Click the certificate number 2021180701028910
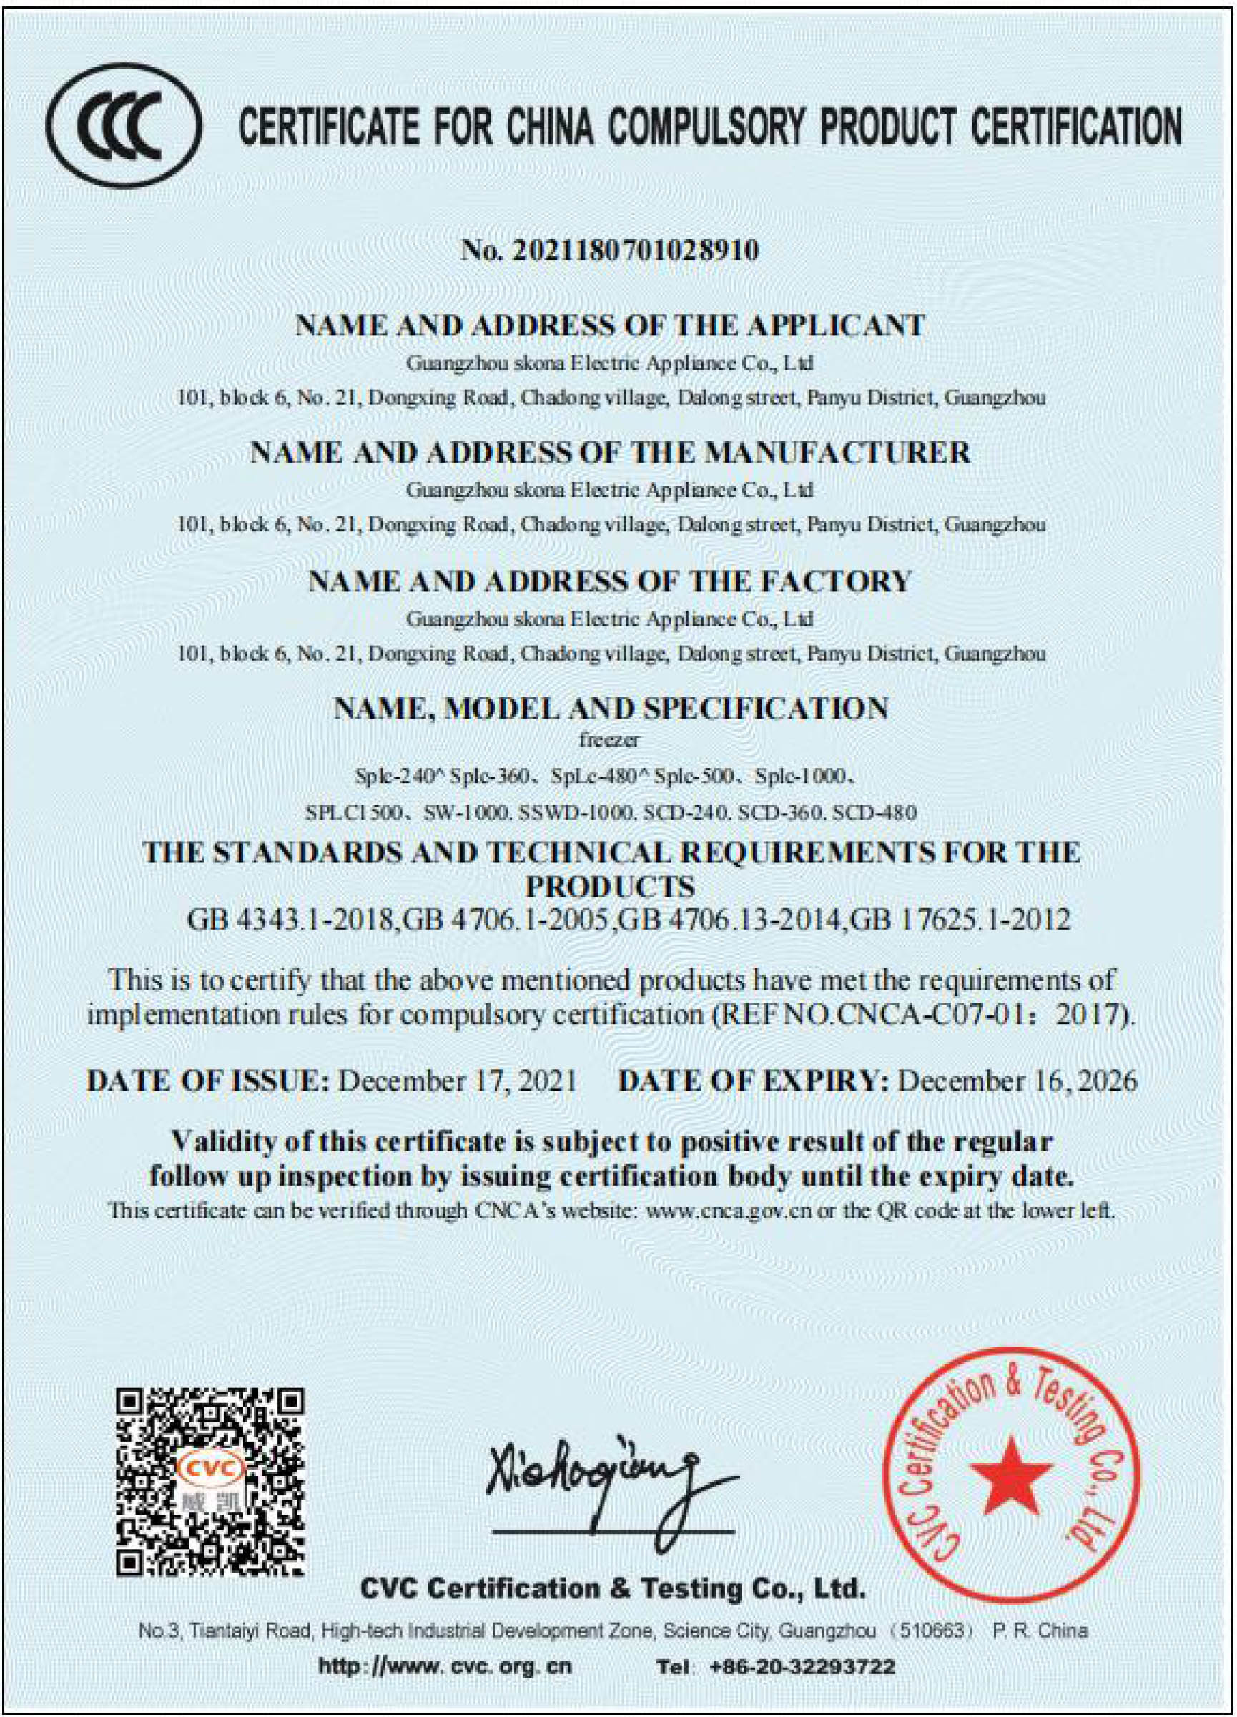[x=636, y=250]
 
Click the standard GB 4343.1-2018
[x=291, y=920]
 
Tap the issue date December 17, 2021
[x=456, y=1081]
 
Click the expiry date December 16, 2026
[x=1017, y=1081]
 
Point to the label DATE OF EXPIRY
[x=753, y=1081]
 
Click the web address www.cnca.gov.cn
[x=731, y=1211]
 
